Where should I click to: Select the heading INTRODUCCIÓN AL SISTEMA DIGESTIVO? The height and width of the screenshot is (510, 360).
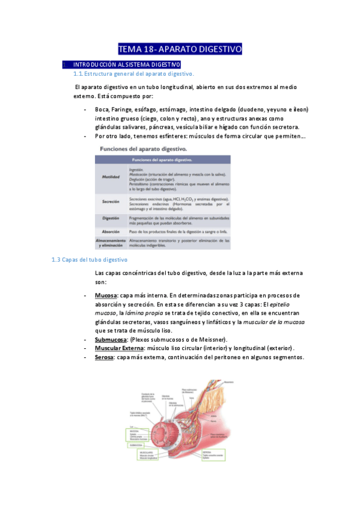coord(126,64)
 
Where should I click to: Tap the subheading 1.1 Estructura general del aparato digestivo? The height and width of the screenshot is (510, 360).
coord(133,73)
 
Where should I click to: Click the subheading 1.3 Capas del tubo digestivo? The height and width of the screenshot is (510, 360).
coord(90,260)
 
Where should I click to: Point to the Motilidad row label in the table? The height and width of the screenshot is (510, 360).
coord(111,176)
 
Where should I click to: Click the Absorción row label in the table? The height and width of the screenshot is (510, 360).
coord(111,231)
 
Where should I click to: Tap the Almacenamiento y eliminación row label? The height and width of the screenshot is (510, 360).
coord(111,242)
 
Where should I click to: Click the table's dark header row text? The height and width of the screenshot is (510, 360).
coord(162,160)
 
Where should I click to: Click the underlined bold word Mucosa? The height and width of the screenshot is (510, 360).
coord(105,296)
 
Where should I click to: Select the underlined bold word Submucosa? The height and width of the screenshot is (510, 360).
coord(111,339)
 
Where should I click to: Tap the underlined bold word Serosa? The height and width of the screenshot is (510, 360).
coord(105,357)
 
